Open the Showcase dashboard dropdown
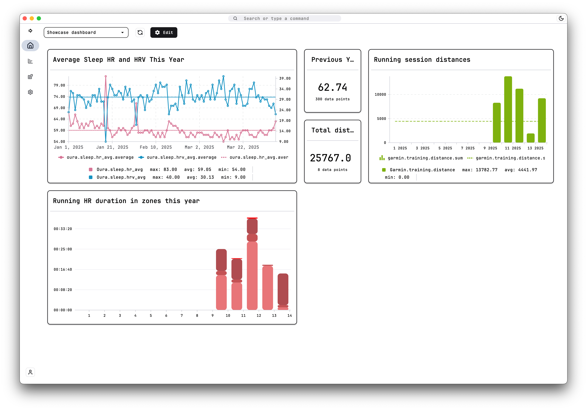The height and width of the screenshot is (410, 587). [x=86, y=32]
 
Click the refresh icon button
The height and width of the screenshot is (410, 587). [x=140, y=32]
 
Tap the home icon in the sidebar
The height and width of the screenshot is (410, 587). [x=30, y=46]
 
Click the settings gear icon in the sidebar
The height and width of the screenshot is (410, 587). [x=30, y=92]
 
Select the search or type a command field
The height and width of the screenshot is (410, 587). [x=284, y=18]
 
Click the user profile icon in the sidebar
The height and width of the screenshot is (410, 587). [x=30, y=372]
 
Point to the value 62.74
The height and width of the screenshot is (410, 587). [x=332, y=87]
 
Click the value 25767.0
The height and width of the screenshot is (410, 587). [x=330, y=158]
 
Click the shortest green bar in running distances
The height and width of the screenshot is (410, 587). [x=531, y=138]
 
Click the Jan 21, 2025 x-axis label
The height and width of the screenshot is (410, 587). [x=112, y=147]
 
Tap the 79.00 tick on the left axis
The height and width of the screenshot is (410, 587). [x=59, y=85]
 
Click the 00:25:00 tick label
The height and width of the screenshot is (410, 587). [x=63, y=249]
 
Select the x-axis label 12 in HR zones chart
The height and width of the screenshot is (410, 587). [x=259, y=316]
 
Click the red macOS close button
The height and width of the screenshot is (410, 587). [x=25, y=18]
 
